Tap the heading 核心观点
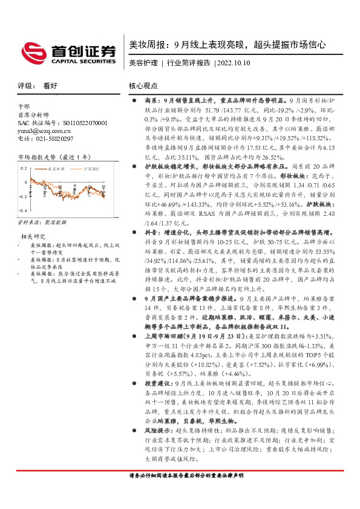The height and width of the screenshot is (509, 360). (143, 86)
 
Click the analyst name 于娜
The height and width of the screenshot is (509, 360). (24, 106)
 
